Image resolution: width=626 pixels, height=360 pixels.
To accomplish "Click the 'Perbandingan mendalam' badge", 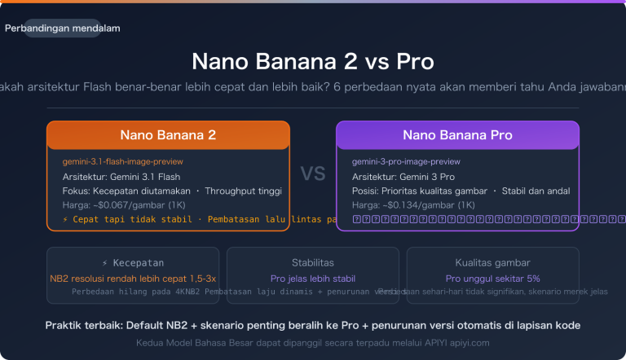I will click(x=63, y=29).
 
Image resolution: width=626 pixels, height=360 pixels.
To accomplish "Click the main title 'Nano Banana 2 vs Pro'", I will click(x=313, y=62).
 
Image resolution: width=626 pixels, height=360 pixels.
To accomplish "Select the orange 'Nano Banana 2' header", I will click(x=168, y=135).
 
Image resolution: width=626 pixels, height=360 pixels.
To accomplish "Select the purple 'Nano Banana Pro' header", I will click(x=457, y=135).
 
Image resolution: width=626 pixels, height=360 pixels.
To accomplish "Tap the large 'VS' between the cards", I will click(x=313, y=173).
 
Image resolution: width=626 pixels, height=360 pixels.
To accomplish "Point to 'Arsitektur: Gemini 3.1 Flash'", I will click(x=121, y=176).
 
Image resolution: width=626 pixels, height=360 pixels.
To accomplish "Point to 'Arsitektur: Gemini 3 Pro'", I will click(x=403, y=176).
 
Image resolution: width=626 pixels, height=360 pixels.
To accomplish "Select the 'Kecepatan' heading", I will click(x=132, y=262).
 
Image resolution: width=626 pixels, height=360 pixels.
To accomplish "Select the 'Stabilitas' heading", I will click(x=313, y=262).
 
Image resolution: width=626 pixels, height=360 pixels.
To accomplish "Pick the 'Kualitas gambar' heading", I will click(x=492, y=262).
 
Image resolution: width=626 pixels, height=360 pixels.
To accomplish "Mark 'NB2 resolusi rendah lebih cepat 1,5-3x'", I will click(x=132, y=278).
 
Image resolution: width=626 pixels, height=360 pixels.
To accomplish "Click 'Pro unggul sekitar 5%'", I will click(x=492, y=278).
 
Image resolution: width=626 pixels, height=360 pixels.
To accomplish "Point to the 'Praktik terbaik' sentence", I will click(x=313, y=326).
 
